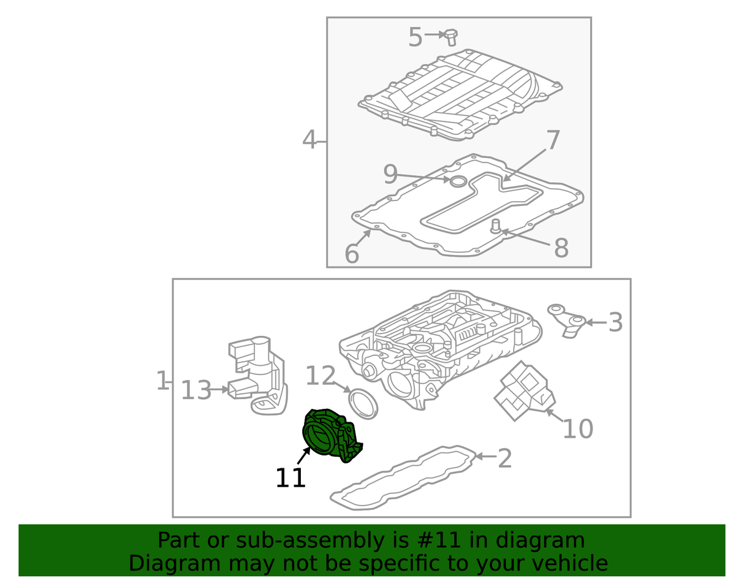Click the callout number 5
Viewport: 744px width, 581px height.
pyautogui.click(x=416, y=37)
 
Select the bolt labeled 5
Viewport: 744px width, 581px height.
pyautogui.click(x=451, y=37)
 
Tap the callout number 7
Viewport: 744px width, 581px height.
pyautogui.click(x=553, y=140)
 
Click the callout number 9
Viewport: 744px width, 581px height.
pyautogui.click(x=390, y=174)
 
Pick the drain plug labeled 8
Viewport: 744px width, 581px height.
pyautogui.click(x=495, y=227)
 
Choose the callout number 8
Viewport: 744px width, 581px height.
pyautogui.click(x=561, y=248)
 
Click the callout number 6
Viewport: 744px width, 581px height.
pyautogui.click(x=352, y=254)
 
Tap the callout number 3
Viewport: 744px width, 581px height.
pyautogui.click(x=615, y=322)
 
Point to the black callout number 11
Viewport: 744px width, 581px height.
pyautogui.click(x=290, y=478)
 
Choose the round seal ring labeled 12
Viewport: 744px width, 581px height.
pyautogui.click(x=363, y=404)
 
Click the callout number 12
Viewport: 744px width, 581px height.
pyautogui.click(x=320, y=376)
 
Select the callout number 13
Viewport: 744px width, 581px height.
pyautogui.click(x=196, y=390)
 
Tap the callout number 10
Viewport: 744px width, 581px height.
pyautogui.click(x=578, y=428)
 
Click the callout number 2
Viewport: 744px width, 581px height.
pyautogui.click(x=504, y=459)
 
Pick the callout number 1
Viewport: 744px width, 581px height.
pyautogui.click(x=162, y=381)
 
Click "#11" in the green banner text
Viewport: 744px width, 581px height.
pyautogui.click(x=440, y=541)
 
